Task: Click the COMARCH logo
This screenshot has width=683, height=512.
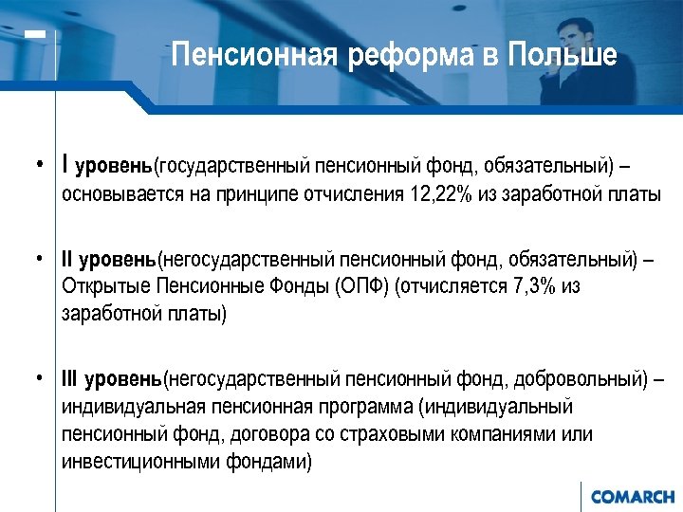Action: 632,497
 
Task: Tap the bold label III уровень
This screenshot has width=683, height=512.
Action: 112,380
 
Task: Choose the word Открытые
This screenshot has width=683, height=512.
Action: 101,287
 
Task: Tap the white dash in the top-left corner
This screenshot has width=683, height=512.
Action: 35,35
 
